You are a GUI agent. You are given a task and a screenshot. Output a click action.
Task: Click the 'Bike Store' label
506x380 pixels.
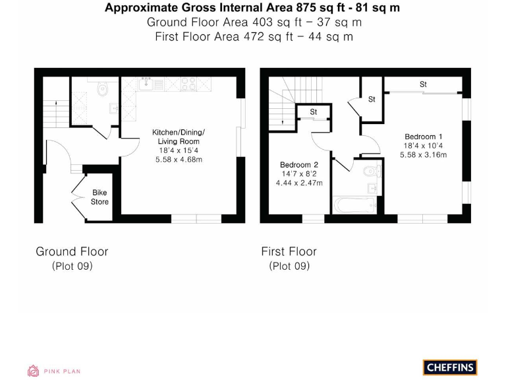(99, 197)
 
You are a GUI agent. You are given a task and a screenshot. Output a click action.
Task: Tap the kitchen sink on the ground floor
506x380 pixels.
(148, 83)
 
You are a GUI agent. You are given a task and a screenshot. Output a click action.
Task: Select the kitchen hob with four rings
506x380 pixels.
(187, 84)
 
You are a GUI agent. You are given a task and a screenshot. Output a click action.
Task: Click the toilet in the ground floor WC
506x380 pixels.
(103, 90)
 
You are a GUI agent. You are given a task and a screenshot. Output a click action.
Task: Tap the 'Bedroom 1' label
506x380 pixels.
(423, 137)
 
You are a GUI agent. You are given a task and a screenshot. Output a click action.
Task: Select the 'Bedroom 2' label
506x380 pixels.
(299, 164)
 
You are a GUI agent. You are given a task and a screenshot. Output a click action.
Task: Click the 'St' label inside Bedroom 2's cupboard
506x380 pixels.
(313, 112)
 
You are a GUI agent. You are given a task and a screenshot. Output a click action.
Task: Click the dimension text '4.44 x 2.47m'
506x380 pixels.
(299, 183)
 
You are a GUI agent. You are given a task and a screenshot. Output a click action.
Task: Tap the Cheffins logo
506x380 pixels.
(449, 367)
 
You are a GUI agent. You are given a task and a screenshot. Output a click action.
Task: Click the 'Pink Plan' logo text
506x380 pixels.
(62, 371)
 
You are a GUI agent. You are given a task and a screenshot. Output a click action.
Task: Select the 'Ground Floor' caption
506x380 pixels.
(72, 251)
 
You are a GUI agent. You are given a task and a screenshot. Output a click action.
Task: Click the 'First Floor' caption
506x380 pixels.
(289, 251)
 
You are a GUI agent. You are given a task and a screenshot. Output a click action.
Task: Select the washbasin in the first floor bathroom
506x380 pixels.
(373, 189)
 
